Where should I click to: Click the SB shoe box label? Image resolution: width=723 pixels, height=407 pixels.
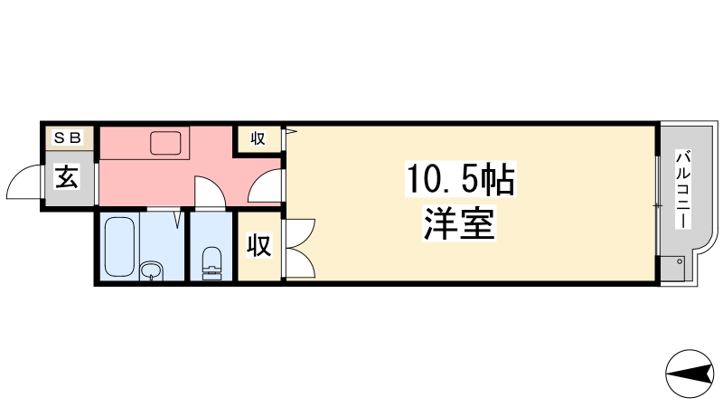click(69, 137)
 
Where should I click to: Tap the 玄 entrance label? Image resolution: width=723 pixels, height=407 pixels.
click(69, 175)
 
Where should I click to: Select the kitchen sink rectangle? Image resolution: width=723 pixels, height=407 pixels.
click(168, 144)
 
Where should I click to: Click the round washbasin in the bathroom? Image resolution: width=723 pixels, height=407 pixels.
click(151, 270)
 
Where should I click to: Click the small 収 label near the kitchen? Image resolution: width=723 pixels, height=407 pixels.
click(258, 138)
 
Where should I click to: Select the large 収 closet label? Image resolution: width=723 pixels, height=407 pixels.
click(258, 246)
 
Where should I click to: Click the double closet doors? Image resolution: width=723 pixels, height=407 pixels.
click(298, 247)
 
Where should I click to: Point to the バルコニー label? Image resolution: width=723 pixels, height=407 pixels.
click(682, 190)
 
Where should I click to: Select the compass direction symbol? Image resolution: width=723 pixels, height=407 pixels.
click(689, 373)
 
